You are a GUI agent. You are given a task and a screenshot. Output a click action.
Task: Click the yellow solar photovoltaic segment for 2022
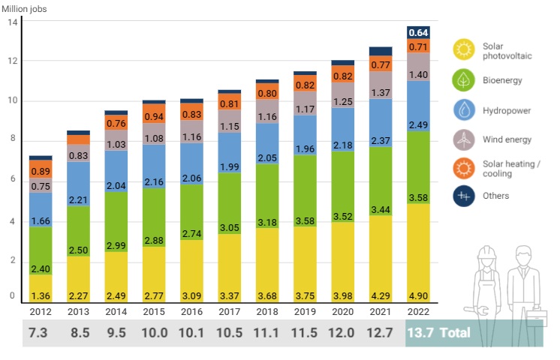[x=417, y=253]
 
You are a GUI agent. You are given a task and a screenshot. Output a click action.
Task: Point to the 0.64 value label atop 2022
[x=417, y=32]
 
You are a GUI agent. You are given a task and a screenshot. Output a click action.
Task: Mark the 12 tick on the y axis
[x=12, y=61]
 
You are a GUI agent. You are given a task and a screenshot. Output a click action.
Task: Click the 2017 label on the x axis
[x=229, y=311]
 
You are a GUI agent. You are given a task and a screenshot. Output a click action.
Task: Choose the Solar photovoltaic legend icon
[x=464, y=50]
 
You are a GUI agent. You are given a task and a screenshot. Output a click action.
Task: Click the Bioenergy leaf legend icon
[x=464, y=79]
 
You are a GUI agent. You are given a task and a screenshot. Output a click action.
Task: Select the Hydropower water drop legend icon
[x=464, y=109]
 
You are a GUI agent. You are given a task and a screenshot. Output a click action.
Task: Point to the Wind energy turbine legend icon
[x=464, y=139]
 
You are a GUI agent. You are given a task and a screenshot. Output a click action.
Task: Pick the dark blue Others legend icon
[x=464, y=196]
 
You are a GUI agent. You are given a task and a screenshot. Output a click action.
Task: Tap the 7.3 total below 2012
[x=41, y=332]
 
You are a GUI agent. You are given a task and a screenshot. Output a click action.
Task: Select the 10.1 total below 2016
[x=191, y=332]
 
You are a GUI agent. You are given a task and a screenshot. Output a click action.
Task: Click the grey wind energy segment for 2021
[x=380, y=85]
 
